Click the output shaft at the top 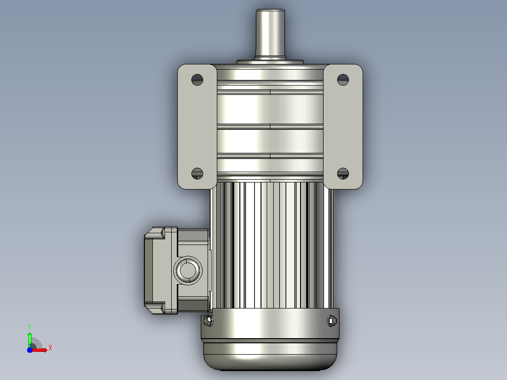(x=270, y=33)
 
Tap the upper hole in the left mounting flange (x=197, y=79)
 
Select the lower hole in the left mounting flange (x=197, y=174)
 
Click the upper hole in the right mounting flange (x=343, y=79)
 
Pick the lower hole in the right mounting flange (x=343, y=174)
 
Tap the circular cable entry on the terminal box (x=188, y=270)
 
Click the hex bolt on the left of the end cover (x=208, y=321)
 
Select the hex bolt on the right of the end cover (x=332, y=321)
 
